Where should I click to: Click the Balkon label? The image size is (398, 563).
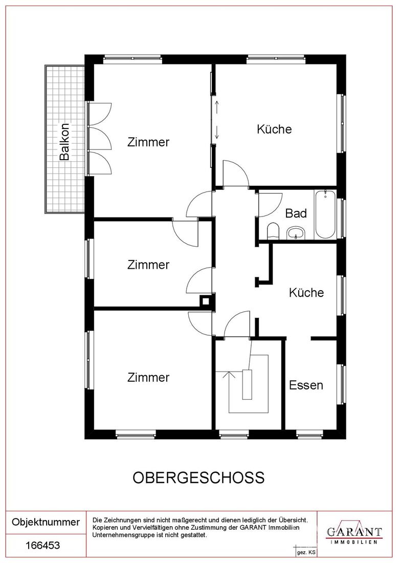click(64, 142)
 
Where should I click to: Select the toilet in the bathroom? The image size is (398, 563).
click(273, 231)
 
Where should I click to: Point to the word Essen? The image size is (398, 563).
click(306, 385)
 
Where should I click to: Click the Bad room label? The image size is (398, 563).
click(296, 213)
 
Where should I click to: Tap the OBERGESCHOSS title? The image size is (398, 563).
click(198, 477)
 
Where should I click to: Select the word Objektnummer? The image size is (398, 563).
click(46, 522)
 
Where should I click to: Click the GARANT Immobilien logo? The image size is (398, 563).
click(354, 532)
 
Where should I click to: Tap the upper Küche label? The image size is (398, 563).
click(274, 129)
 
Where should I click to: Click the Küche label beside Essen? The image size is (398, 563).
click(306, 293)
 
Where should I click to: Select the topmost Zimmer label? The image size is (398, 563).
click(148, 142)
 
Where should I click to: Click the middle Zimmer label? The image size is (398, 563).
click(148, 265)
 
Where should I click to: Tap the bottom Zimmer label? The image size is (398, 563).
click(148, 377)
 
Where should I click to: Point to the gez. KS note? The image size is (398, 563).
click(306, 553)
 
